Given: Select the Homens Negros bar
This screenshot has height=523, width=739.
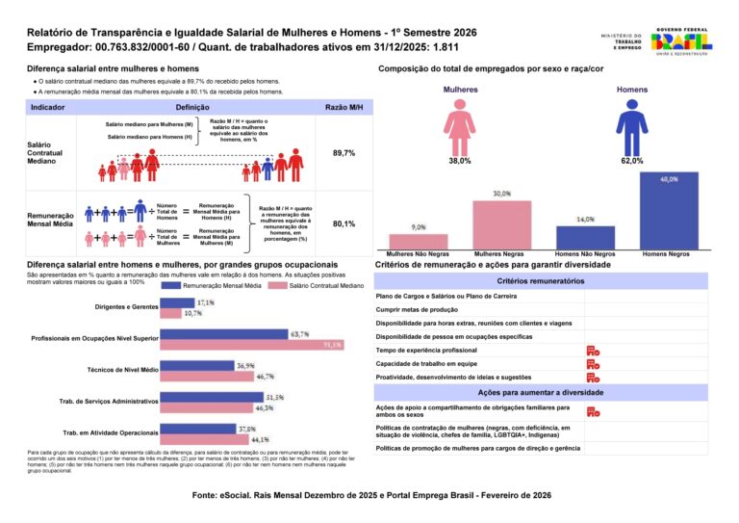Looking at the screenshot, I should tap(668, 212).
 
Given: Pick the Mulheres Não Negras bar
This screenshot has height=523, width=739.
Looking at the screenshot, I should tap(419, 242).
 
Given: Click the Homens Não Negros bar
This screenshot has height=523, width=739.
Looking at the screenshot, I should tap(585, 238).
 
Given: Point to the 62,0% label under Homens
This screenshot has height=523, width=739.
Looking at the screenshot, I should tap(632, 161).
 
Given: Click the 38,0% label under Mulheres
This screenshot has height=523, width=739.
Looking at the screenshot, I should tap(459, 161).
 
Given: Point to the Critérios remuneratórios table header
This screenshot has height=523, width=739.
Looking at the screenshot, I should tap(541, 280).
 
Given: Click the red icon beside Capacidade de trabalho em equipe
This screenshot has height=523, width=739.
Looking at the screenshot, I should tap(593, 364).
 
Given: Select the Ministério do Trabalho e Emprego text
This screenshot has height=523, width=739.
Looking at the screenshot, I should tap(622, 41).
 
